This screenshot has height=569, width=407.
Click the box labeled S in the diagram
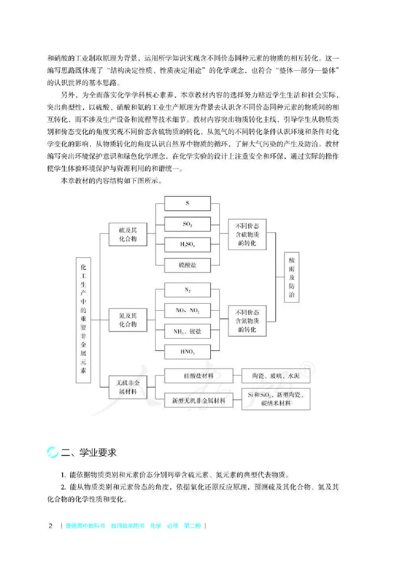187,203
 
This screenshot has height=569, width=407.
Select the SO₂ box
187,224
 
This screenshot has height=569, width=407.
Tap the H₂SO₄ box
187,245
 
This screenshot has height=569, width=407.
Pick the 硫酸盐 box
187,265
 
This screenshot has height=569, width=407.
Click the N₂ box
187,289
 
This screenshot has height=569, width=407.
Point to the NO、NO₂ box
187,310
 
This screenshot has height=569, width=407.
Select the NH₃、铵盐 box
187,331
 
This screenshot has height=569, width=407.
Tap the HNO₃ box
187,351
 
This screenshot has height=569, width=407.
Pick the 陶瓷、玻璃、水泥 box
276,376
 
